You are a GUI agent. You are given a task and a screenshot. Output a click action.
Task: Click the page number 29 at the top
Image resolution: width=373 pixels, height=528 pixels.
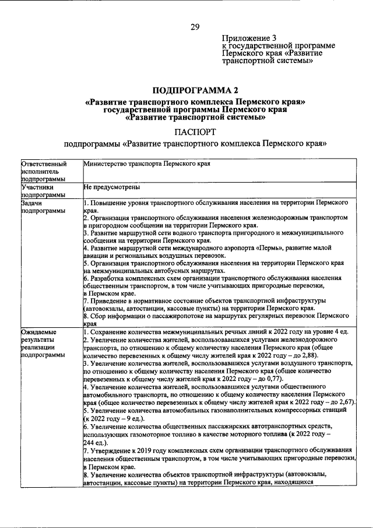pyautogui.click(x=195, y=27)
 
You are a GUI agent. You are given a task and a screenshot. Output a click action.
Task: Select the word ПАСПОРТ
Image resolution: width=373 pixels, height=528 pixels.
pyautogui.click(x=195, y=133)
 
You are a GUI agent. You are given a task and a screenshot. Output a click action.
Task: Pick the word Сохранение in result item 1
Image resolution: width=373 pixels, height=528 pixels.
pyautogui.click(x=110, y=331)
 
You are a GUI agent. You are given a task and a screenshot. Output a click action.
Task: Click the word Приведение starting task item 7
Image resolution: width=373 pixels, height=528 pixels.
pyautogui.click(x=110, y=302)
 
